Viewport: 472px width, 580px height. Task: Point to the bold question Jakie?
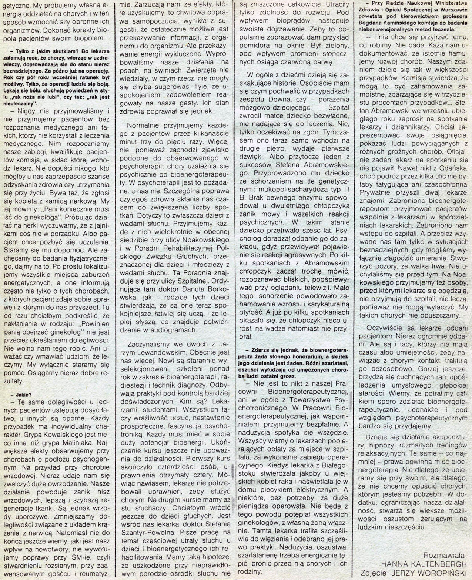[22, 394]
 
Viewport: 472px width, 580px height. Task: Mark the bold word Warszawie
[452, 10]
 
